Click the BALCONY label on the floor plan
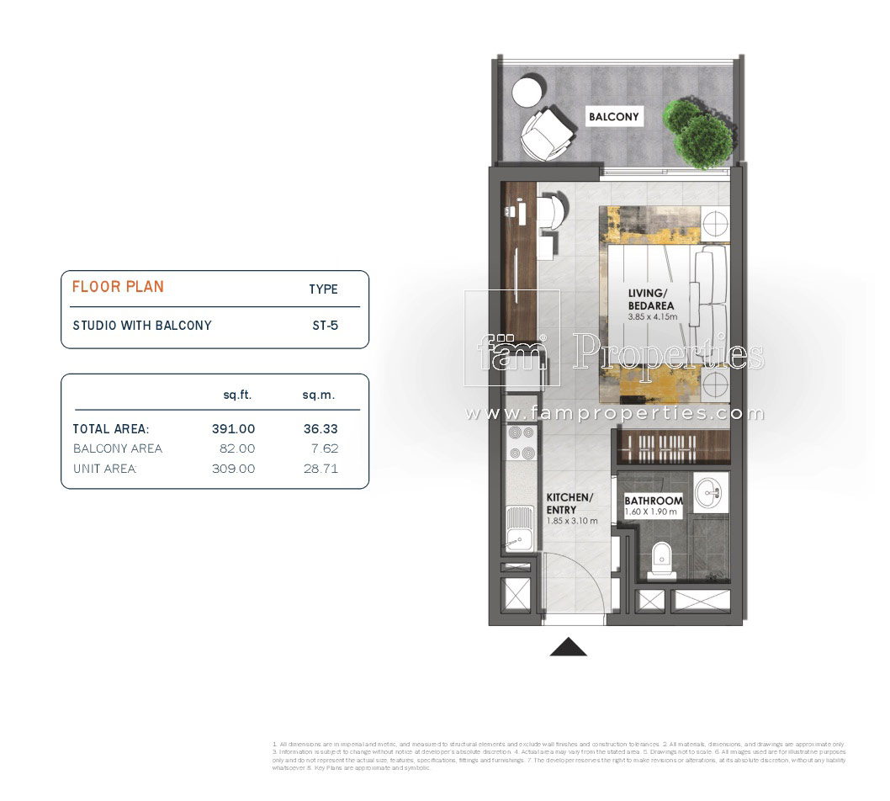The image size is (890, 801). click(x=614, y=117)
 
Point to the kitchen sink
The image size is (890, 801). click(x=519, y=528)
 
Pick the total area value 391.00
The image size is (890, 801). click(x=233, y=428)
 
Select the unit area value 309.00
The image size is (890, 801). click(x=233, y=469)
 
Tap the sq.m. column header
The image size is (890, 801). click(x=320, y=394)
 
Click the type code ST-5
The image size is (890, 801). click(x=325, y=325)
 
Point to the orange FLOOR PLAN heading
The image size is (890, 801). click(x=118, y=286)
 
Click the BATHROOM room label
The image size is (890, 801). click(x=654, y=501)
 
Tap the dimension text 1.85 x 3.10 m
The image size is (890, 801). click(x=572, y=521)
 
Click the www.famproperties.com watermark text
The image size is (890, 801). click(x=615, y=413)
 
